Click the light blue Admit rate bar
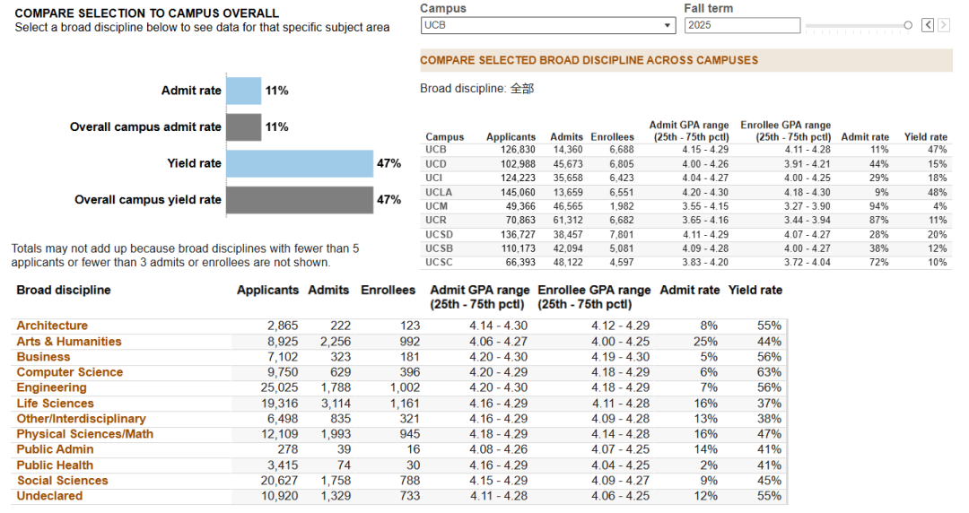[x=243, y=91]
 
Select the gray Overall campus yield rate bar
[x=300, y=200]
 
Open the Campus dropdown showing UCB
[x=548, y=25]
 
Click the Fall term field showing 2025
[x=742, y=25]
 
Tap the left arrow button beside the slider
[x=928, y=25]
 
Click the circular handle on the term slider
[x=908, y=25]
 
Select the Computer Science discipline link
[x=70, y=372]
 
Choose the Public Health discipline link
[x=55, y=465]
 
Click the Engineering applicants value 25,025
[x=279, y=387]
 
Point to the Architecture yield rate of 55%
[x=770, y=326]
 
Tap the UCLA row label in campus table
[x=439, y=192]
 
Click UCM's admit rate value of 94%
[x=878, y=206]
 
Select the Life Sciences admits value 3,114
[x=336, y=403]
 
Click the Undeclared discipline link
[x=49, y=496]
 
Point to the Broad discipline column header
[x=64, y=290]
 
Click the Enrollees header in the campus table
[x=613, y=137]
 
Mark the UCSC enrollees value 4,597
[x=621, y=263]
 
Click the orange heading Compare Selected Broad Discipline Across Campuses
[x=589, y=61]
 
